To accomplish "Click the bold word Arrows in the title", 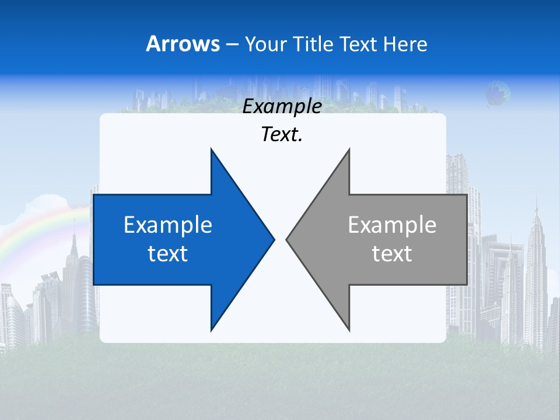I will pos(183,44).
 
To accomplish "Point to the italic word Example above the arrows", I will pos(282,107).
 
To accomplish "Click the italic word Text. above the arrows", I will pos(282,135).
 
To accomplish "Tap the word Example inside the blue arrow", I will pos(168,225).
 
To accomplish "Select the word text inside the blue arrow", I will pos(168,254).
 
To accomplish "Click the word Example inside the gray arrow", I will pos(392,225).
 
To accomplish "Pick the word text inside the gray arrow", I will pos(392,254).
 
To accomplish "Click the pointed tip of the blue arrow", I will pos(273,239).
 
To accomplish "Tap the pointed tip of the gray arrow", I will pos(288,239).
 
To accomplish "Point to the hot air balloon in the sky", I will pos(498,92).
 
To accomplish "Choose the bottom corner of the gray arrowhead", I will pos(349,329).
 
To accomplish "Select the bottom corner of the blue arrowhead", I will pos(212,329).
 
